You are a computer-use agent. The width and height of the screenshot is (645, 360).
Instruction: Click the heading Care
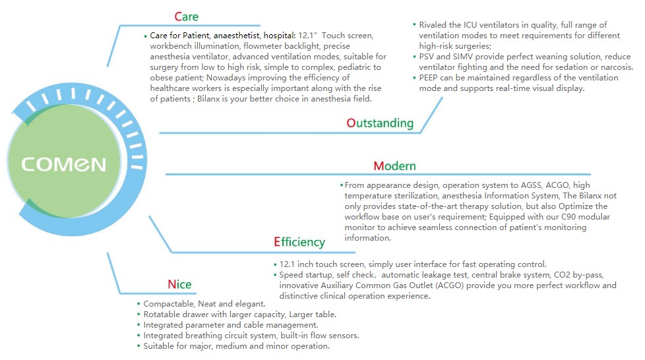coord(187,17)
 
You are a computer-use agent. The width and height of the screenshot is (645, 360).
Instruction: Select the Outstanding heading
coord(380,123)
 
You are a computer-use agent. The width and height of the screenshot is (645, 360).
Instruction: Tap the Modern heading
coord(394,165)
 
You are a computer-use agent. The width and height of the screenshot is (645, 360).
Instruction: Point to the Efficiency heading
coord(299,242)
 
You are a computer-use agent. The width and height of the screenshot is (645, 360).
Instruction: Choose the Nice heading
coord(179,284)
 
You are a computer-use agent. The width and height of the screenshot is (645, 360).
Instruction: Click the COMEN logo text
coord(64,164)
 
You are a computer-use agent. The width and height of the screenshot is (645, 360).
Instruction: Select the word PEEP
coord(429,78)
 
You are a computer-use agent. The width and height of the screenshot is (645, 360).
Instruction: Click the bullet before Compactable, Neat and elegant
coord(138,304)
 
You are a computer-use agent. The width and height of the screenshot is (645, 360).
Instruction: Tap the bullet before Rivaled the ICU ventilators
coord(414,24)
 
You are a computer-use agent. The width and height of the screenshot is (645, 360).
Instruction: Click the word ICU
coord(470,24)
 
